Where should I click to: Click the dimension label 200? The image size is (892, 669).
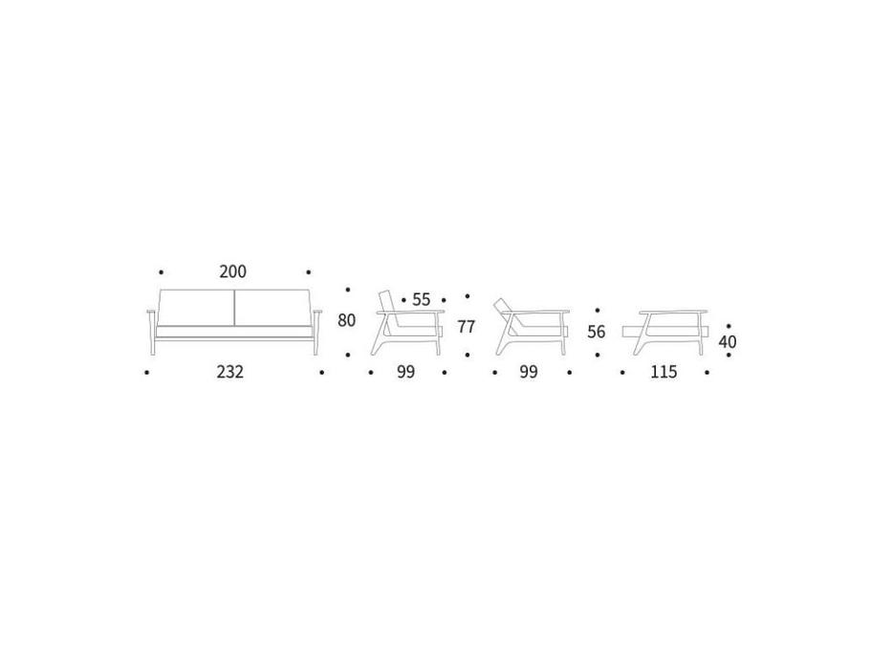pos(232,272)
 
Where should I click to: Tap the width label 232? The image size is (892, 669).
pos(229,372)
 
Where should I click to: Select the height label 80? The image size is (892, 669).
pos(346,321)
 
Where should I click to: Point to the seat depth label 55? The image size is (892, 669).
pos(421,300)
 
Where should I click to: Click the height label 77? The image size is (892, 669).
pos(466,327)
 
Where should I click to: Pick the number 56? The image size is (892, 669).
pos(597,332)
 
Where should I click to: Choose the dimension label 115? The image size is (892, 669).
pos(664,372)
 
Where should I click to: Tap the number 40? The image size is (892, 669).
pos(727,342)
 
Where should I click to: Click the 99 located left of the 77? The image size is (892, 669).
pos(405,372)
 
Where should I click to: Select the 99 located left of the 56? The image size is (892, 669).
pos(529,372)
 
